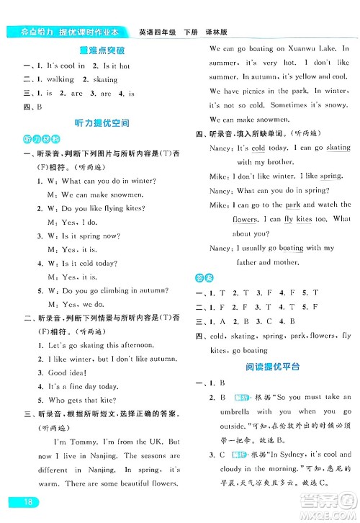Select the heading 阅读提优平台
273,367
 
